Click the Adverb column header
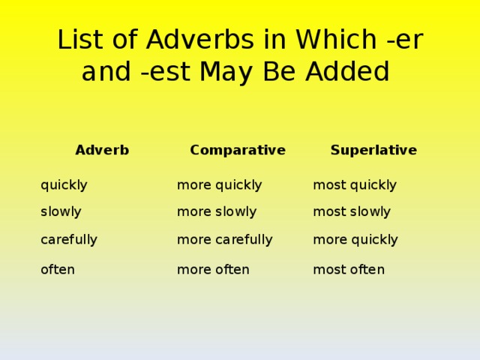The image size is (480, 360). pos(102,150)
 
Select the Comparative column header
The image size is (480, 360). pos(238,150)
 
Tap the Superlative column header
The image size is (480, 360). pos(373,150)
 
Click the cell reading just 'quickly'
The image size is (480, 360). pos(64,185)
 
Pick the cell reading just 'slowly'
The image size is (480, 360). pos(61,212)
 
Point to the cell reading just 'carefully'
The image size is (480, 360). pos(69,240)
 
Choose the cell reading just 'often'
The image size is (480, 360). pos(58,269)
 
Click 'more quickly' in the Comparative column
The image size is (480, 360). pos(219,185)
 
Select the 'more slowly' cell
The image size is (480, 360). pos(217,212)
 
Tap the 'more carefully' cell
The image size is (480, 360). pos(224,240)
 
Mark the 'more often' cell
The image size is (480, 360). pos(213,269)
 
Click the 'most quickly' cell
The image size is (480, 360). pos(355,185)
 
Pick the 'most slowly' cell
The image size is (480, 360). pos(352,212)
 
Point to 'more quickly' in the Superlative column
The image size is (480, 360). pos(355,240)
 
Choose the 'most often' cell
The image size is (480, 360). pos(349,269)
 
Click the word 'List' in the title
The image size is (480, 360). pos(79,40)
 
